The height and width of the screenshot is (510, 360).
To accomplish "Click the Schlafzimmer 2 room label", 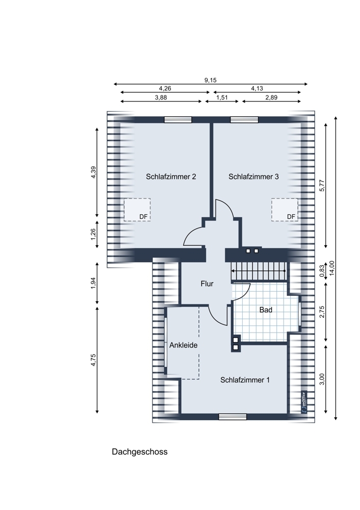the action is coord(171,176).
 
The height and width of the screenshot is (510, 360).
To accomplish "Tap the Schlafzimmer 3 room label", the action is coord(253,176).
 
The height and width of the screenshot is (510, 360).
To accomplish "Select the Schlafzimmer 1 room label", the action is coord(245,380).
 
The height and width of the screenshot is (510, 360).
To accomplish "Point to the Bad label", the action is coord(266,310).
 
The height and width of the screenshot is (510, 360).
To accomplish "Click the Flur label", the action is coord(207,284).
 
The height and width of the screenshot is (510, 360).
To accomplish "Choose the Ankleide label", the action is coord(183,345).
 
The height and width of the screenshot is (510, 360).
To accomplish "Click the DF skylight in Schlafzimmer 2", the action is coord(137,210).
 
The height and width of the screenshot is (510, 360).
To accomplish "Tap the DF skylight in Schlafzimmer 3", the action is coord(285,210).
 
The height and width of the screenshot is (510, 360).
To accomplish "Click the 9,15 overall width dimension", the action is coord(211,81).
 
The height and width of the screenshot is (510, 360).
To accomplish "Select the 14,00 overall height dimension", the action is coord(332,268).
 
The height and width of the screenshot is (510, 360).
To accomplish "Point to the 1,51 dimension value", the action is coord(222,97).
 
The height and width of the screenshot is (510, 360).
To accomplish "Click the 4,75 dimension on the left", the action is coord(94,360).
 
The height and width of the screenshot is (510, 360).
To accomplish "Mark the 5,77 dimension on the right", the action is coord(322,186).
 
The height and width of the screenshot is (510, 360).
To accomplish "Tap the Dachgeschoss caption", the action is coord(140,452).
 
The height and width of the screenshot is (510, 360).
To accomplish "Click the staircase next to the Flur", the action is coord(259,271).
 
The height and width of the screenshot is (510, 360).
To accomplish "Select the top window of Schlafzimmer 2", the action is coord(178,120).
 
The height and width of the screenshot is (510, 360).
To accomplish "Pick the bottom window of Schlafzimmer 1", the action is coord(233,417).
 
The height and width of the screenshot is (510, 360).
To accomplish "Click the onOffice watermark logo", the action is coord(304,402).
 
